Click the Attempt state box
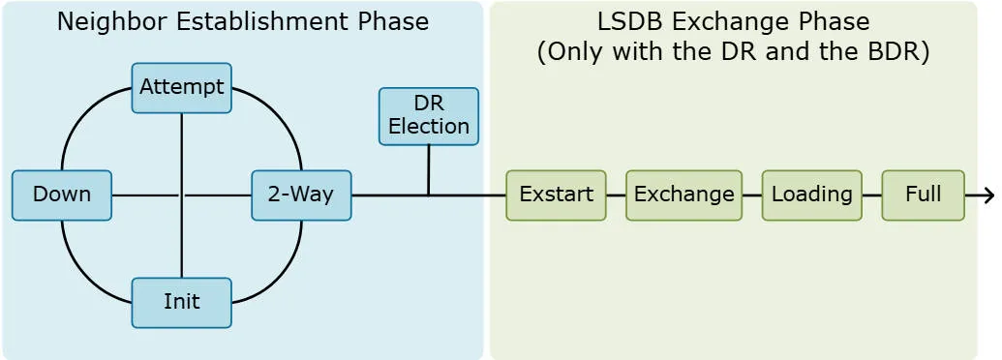coord(181,87)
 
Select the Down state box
coord(62,195)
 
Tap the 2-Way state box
coord(301,195)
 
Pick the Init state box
coord(181,302)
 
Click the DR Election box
coord(428,116)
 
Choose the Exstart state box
coord(556,195)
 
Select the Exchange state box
coord(683,195)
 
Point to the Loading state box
coord(811,195)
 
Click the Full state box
coord(923,195)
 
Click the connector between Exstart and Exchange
coord(616,195)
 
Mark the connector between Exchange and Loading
coord(752,195)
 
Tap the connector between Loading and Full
coord(871,195)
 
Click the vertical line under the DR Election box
coord(428,170)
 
